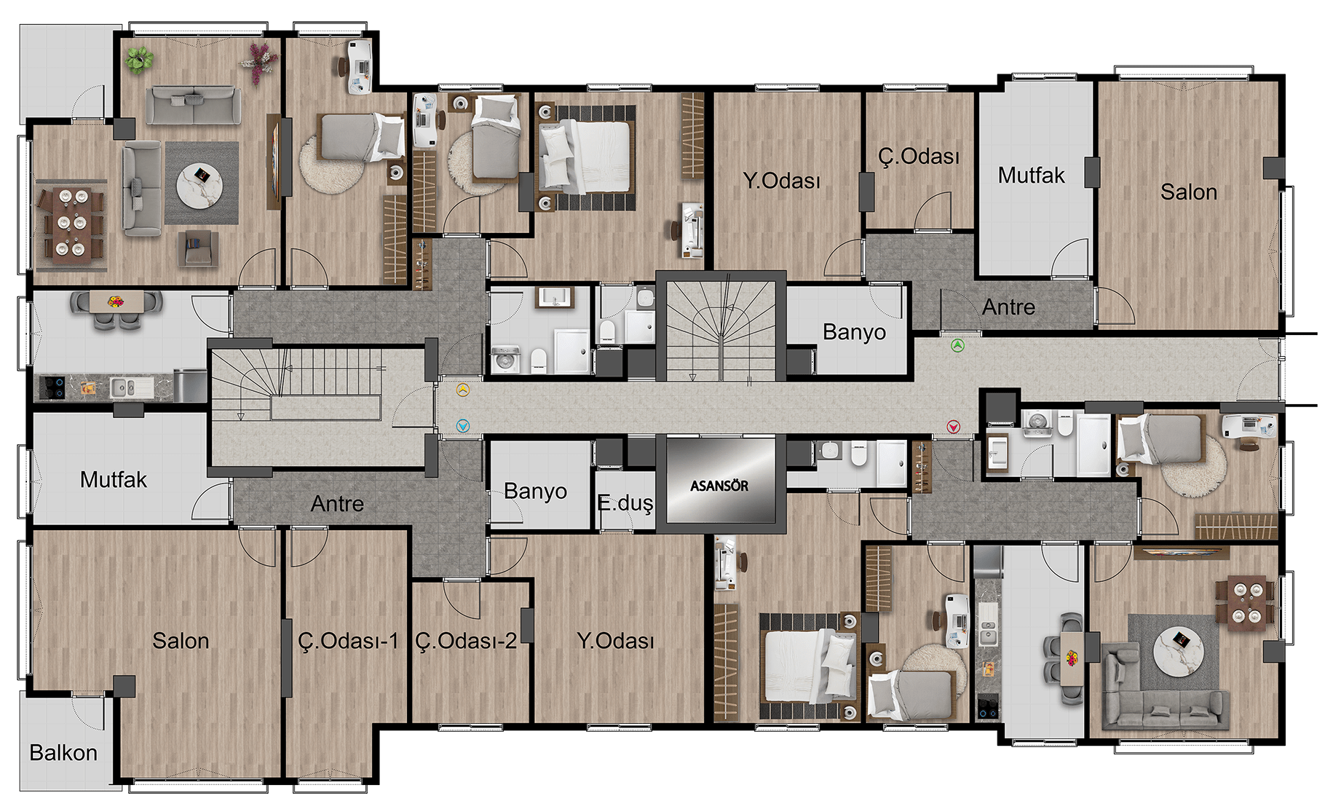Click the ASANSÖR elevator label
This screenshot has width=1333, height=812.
tap(719, 486)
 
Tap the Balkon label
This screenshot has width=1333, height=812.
tap(63, 752)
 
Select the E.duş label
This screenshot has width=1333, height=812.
tap(625, 503)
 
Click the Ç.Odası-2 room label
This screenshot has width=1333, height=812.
tap(466, 641)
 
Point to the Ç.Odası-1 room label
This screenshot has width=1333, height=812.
tap(348, 641)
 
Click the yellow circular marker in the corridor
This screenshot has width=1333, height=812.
tap(463, 390)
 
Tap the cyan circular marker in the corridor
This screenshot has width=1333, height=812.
tap(463, 426)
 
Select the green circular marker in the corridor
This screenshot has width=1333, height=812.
tap(957, 346)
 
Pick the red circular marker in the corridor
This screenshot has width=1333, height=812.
tap(953, 427)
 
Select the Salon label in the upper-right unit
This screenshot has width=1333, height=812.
tap(1189, 192)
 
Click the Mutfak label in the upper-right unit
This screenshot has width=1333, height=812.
tap(1031, 176)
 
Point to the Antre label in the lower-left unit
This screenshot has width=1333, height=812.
tap(337, 504)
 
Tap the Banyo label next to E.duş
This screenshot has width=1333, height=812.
tap(535, 492)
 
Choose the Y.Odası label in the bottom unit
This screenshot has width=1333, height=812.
tap(615, 641)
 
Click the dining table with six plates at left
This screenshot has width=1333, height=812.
tap(71, 223)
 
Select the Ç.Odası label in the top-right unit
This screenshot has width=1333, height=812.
tap(919, 157)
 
